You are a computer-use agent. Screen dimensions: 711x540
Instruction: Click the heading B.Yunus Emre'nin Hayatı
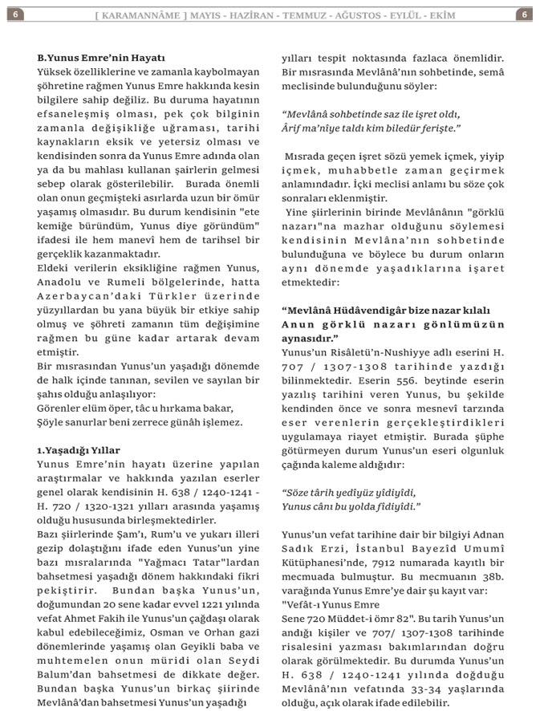pos(101,59)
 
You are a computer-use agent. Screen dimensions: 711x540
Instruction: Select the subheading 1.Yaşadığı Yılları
pos(79,450)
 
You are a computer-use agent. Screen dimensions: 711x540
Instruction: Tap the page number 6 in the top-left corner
pos(17,14)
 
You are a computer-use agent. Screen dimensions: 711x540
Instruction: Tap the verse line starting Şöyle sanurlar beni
pos(139,421)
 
